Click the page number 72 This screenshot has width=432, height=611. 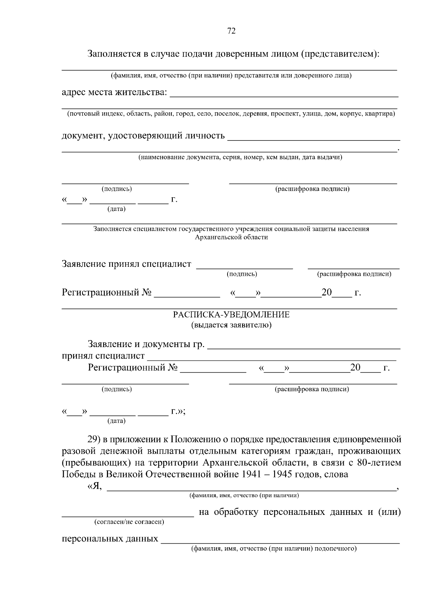231,31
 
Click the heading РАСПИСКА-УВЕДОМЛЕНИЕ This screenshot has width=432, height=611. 231,315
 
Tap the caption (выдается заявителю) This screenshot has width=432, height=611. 231,325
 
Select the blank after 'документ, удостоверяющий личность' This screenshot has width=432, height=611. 314,137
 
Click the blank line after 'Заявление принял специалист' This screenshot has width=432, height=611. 244,266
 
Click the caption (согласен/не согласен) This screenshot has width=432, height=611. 129,522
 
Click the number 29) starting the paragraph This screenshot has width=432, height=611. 94,440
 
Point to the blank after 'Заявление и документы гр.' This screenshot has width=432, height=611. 304,346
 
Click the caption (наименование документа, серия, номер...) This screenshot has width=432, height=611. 240,157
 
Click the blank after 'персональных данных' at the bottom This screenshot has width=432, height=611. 280,540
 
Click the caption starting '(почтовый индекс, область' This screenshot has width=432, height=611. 231,114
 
